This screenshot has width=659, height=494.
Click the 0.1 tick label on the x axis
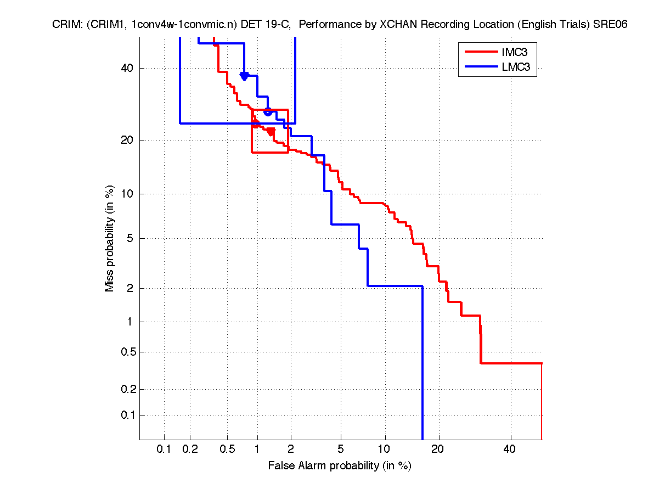[164, 450]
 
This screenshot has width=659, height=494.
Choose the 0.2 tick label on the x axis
[190, 450]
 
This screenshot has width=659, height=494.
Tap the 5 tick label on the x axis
[341, 450]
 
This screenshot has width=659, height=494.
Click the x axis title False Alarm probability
[340, 466]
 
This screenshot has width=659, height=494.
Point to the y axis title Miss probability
[110, 238]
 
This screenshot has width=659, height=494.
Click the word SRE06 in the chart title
[613, 25]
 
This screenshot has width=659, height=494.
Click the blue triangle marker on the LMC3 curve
[244, 76]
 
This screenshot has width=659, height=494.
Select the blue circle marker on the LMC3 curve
[268, 111]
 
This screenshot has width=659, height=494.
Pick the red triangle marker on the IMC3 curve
[271, 131]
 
